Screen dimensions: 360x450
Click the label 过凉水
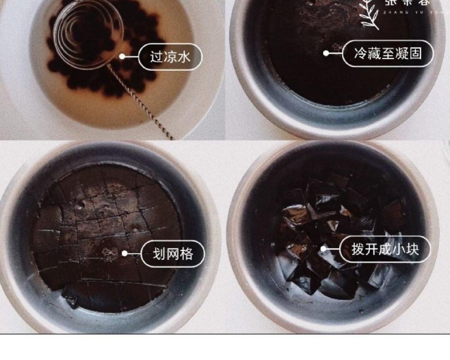170,57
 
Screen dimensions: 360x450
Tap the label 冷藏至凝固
387,53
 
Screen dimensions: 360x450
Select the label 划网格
172,254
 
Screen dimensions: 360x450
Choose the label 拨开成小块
385,250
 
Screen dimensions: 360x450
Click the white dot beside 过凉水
122,57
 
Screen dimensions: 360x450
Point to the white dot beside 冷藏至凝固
326,53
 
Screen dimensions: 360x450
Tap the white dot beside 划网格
125,253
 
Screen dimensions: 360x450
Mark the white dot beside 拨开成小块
323,249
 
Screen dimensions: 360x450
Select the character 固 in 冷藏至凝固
415,53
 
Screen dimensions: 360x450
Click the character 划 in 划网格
159,254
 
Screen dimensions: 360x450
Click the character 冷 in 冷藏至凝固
360,53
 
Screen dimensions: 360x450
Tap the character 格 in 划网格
186,254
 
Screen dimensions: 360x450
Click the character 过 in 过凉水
156,57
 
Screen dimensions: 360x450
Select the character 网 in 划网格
172,254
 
